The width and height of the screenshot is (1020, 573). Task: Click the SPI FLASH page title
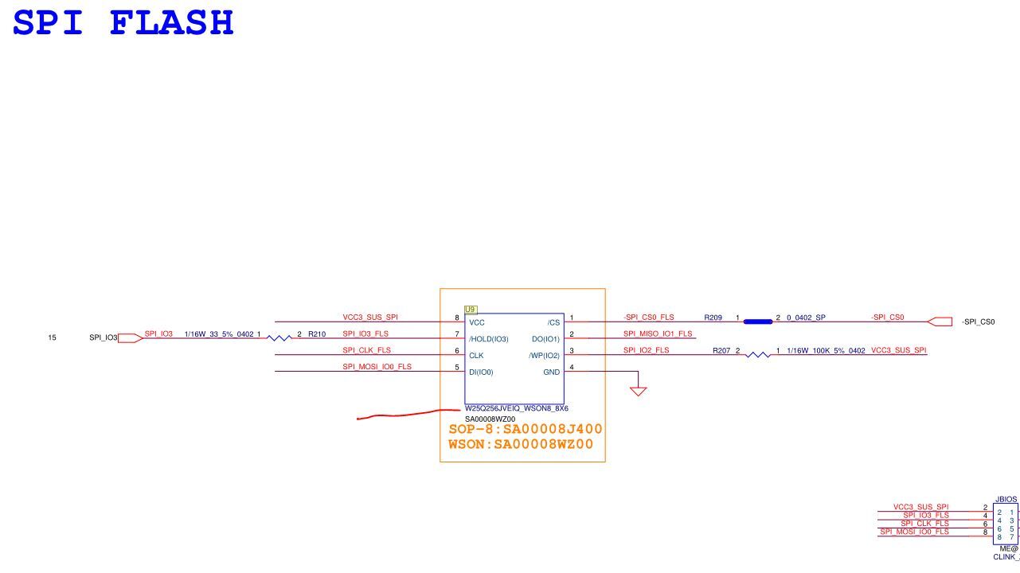click(123, 22)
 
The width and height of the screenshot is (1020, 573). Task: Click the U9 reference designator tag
click(471, 310)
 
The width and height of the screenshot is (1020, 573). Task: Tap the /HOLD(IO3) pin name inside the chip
click(489, 339)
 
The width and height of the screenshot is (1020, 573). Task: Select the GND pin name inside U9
click(552, 372)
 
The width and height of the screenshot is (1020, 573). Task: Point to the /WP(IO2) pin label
click(544, 356)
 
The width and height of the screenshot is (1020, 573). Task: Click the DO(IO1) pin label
click(545, 339)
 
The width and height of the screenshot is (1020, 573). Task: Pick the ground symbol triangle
click(638, 392)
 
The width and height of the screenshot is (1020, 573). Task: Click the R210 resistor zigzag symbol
click(279, 338)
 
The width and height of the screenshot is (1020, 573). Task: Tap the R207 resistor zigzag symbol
click(758, 354)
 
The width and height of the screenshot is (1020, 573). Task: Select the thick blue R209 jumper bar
click(758, 322)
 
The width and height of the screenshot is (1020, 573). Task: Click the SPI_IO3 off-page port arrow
click(131, 338)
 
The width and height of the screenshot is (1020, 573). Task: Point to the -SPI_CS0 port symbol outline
click(940, 322)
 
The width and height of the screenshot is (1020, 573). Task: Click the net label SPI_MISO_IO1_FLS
click(658, 333)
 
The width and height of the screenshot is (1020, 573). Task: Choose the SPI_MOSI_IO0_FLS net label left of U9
click(377, 366)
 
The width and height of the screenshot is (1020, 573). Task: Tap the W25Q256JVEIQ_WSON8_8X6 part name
click(517, 408)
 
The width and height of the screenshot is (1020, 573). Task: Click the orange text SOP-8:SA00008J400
click(526, 429)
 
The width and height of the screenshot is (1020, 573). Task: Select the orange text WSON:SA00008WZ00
click(521, 444)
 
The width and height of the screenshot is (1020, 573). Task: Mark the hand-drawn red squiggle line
click(408, 414)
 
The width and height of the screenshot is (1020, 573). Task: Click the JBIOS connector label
click(1006, 499)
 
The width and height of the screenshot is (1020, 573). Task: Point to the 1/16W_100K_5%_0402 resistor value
click(826, 350)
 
